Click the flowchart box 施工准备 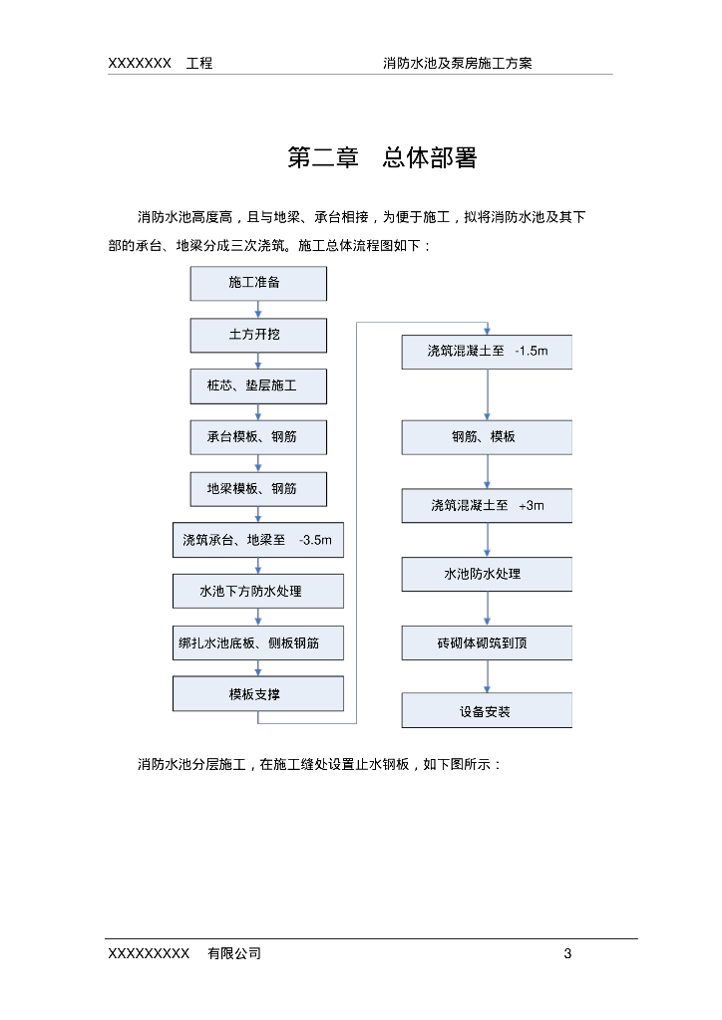click(258, 283)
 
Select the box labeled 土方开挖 click(258, 335)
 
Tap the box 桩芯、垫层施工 click(258, 385)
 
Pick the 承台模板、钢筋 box click(258, 437)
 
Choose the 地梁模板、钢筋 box click(258, 489)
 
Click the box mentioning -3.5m click(258, 540)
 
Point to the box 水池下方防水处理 click(258, 592)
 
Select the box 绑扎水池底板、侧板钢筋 click(258, 643)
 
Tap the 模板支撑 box click(258, 694)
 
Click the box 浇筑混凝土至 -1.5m click(487, 352)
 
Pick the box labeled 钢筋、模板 click(487, 437)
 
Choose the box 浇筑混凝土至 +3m click(487, 506)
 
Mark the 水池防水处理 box click(487, 575)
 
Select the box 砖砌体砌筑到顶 click(487, 643)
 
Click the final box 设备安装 click(487, 711)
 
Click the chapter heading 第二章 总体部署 click(382, 158)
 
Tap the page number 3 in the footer click(567, 954)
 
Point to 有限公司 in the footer click(234, 954)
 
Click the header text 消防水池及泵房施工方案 click(458, 63)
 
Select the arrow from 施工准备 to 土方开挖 click(258, 309)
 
